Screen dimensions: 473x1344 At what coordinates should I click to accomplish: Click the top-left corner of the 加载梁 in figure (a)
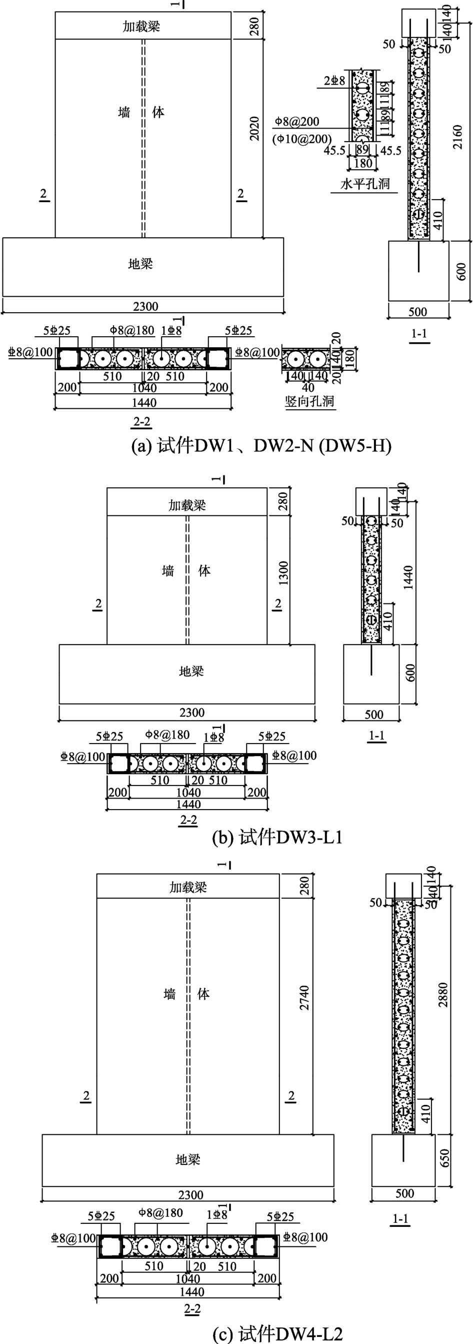(55, 12)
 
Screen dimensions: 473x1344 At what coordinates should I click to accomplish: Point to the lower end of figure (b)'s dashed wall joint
(187, 644)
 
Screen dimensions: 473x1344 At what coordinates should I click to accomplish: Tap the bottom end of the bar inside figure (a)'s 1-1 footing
(418, 272)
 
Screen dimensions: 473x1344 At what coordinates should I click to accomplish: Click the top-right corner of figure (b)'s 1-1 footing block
(399, 644)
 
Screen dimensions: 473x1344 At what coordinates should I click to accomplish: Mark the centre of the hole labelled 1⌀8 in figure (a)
(161, 359)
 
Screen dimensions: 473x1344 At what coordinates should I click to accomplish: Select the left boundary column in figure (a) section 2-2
(68, 358)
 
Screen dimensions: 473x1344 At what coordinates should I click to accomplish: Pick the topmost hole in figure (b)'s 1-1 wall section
(371, 522)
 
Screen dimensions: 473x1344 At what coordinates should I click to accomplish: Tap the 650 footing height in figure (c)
(445, 1160)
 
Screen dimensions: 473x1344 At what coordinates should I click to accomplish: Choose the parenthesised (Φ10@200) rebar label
(302, 139)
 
